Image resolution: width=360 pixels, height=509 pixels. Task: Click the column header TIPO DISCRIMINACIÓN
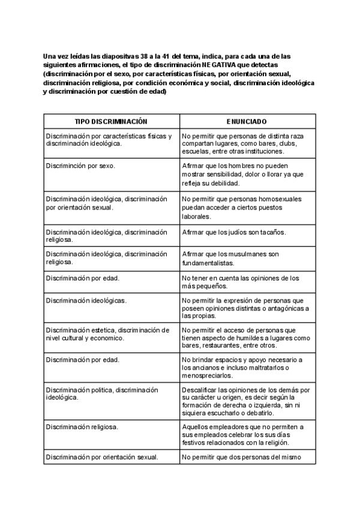(111, 121)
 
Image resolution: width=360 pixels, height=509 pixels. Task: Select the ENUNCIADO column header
(247, 121)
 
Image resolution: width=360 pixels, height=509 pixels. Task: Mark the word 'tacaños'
(272, 232)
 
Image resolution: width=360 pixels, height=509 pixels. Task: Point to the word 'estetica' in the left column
(101, 330)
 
